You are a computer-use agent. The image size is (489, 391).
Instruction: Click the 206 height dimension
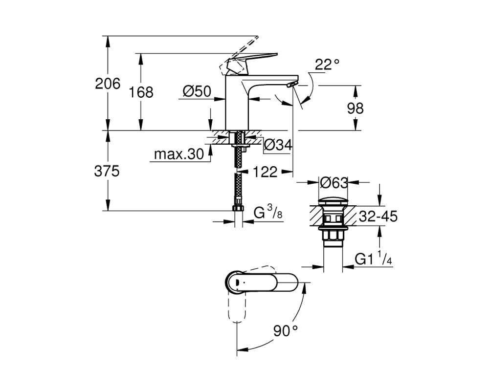[108, 84]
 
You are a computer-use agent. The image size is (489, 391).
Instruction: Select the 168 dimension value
[141, 92]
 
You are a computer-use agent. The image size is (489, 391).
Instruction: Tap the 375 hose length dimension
[107, 171]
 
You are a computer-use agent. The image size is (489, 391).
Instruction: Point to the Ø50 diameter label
[197, 91]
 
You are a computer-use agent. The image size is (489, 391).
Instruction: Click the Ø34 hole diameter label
[278, 145]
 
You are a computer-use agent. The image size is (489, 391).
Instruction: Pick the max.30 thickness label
[179, 154]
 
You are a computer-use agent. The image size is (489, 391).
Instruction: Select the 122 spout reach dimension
[265, 172]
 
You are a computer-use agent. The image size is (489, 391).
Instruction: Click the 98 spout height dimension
[355, 108]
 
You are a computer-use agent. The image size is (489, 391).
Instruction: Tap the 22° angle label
[327, 65]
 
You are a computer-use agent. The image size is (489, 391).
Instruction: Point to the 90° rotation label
[286, 330]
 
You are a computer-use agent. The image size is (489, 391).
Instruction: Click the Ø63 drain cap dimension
[334, 183]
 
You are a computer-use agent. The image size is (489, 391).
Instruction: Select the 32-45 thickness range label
[378, 216]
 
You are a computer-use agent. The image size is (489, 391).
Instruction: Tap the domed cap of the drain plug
[334, 201]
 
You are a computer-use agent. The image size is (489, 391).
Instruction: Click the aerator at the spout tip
[292, 85]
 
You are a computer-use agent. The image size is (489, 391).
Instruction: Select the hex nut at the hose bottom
[239, 208]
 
